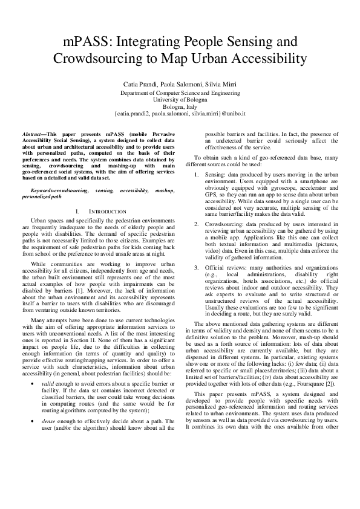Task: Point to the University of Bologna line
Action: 180,100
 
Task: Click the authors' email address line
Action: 180,114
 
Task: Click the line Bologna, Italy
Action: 180,107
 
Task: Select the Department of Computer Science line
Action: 180,93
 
